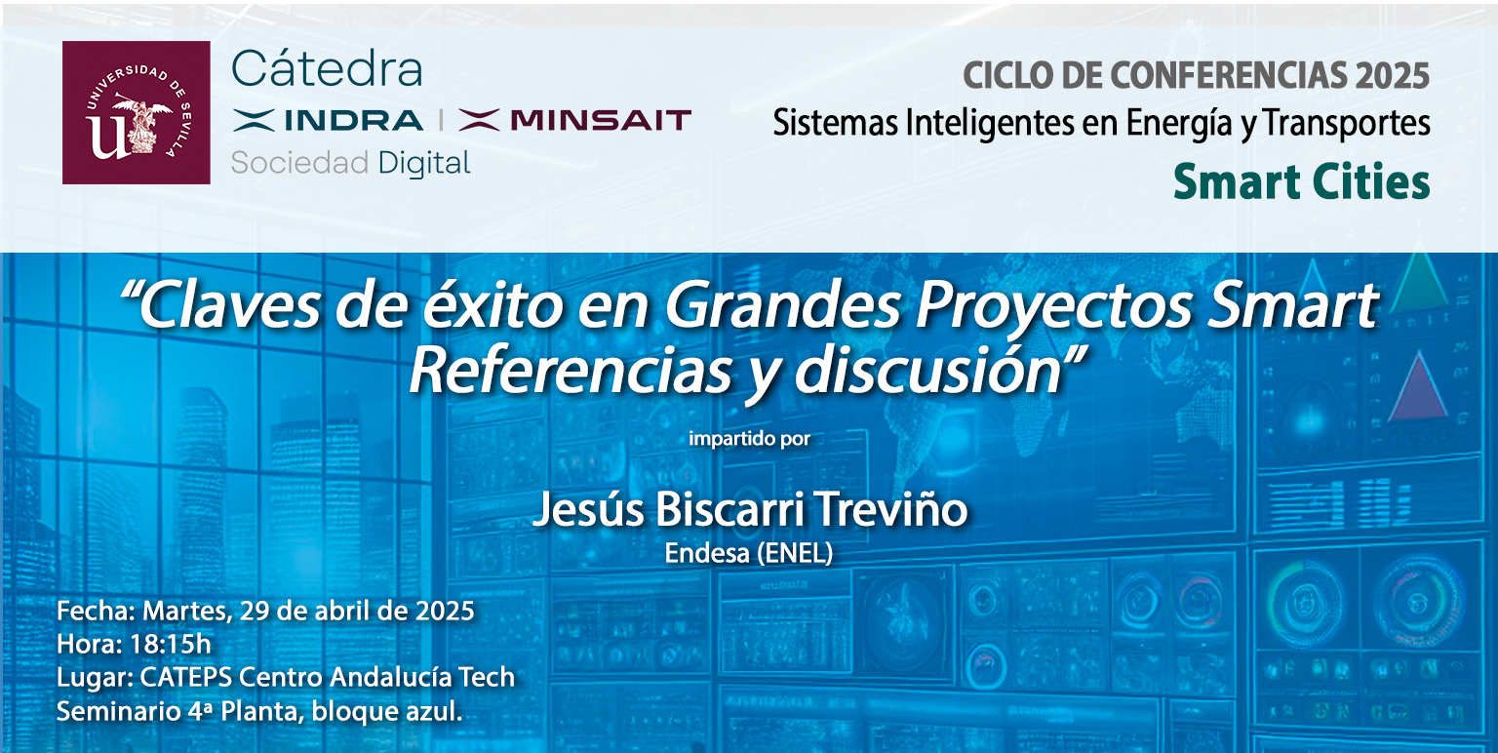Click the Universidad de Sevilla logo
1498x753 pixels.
click(x=137, y=112)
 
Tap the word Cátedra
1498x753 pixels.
click(x=327, y=69)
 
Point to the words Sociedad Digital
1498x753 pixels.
click(x=350, y=164)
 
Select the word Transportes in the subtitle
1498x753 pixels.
click(x=1347, y=123)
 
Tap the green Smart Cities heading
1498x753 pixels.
click(x=1301, y=181)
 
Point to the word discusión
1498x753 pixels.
click(x=929, y=372)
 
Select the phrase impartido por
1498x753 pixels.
click(x=749, y=439)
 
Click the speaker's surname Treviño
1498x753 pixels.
click(x=890, y=509)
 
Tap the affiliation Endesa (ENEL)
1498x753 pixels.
click(x=749, y=554)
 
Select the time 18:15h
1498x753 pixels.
click(x=171, y=644)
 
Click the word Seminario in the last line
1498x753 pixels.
click(x=119, y=711)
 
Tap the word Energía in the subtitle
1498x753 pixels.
click(x=1179, y=125)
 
